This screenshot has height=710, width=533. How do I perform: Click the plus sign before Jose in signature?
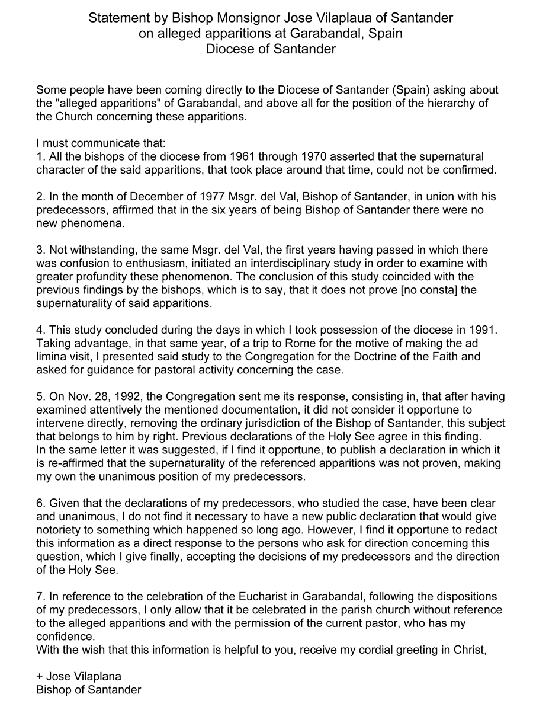click(x=40, y=677)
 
